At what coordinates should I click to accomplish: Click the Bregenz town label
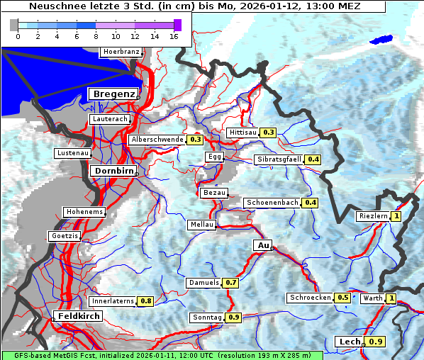(x=113, y=94)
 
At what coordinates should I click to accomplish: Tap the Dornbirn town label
(x=113, y=171)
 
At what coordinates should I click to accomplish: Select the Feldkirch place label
(x=78, y=315)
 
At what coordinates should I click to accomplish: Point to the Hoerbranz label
(x=121, y=52)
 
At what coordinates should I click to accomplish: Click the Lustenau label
(x=73, y=153)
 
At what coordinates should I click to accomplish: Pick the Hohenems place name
(x=84, y=212)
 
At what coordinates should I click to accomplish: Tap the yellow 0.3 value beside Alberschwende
(x=196, y=140)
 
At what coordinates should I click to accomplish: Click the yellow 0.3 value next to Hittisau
(x=269, y=133)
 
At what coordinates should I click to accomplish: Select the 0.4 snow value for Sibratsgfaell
(x=313, y=159)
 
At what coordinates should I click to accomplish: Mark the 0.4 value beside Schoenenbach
(x=310, y=203)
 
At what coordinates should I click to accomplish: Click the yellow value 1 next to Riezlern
(x=396, y=216)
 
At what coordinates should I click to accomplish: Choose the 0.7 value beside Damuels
(x=230, y=283)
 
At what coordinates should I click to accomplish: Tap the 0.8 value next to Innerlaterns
(x=145, y=301)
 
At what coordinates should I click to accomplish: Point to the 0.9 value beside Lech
(x=376, y=342)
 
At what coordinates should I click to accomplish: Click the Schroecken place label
(x=310, y=298)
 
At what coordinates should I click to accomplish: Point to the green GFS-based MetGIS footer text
(x=162, y=355)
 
